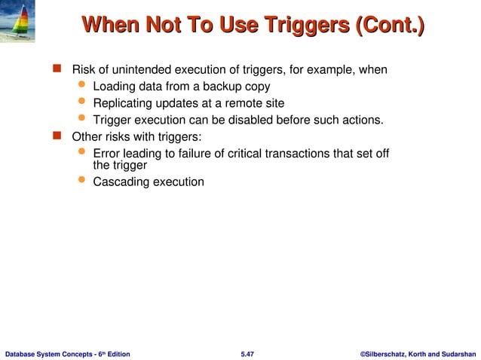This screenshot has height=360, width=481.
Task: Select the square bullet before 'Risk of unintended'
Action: (x=56, y=70)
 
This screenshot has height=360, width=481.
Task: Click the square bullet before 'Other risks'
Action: (x=56, y=137)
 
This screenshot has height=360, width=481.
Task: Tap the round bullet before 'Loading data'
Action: (x=82, y=86)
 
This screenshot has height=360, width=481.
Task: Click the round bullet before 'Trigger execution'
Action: (x=82, y=119)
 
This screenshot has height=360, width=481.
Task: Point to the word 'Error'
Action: (x=106, y=154)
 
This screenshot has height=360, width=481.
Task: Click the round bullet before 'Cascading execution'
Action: (x=82, y=181)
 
